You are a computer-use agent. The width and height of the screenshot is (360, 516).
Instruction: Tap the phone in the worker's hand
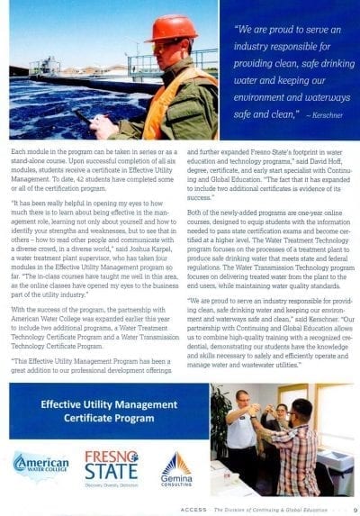click(85, 116)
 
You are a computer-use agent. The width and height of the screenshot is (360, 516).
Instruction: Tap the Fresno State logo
click(111, 466)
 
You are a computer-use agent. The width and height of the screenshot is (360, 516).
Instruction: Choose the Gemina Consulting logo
click(175, 468)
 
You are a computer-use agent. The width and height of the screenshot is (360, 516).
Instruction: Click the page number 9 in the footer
click(355, 507)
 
